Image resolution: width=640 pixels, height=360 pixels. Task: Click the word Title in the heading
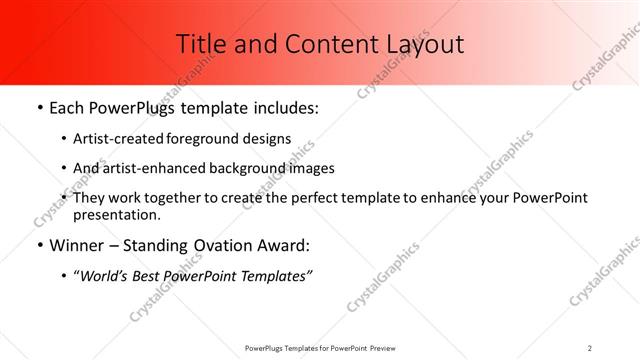pos(199,43)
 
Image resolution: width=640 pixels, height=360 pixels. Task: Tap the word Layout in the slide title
pos(423,43)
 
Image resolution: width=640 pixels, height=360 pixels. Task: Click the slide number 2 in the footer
pos(590,347)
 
